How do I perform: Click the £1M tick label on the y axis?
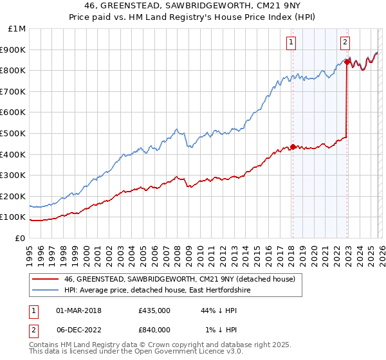pyautogui.click(x=17, y=28)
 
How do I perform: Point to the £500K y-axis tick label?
pyautogui.click(x=14, y=133)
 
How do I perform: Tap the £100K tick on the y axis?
pyautogui.click(x=14, y=217)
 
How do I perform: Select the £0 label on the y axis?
pyautogui.click(x=21, y=238)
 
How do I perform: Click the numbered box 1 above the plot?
pyautogui.click(x=291, y=42)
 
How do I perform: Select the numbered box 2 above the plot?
pyautogui.click(x=345, y=42)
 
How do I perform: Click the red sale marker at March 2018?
pyautogui.click(x=292, y=147)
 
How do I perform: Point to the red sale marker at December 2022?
pyautogui.click(x=347, y=62)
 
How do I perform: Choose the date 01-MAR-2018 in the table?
pyautogui.click(x=78, y=310)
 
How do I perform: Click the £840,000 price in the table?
pyautogui.click(x=154, y=330)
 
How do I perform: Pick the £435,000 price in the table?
pyautogui.click(x=154, y=310)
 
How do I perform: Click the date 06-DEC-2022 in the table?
pyautogui.click(x=78, y=330)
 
